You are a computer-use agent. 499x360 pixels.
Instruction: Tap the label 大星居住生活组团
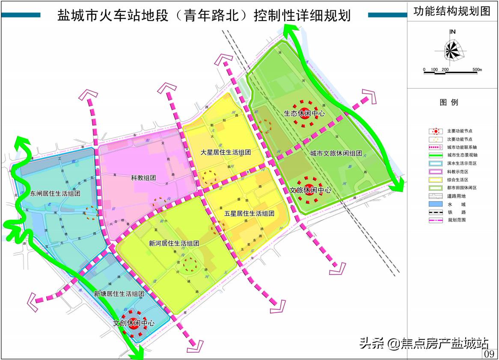226,152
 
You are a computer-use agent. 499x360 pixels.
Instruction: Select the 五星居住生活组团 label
249,213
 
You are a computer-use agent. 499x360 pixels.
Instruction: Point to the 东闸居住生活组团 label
56,193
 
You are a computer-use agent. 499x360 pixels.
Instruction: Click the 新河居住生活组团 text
174,244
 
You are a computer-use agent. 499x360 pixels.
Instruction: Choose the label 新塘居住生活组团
119,294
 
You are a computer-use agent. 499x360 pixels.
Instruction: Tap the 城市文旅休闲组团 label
336,153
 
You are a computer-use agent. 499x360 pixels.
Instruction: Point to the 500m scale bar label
477,69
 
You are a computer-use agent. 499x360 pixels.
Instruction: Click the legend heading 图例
449,103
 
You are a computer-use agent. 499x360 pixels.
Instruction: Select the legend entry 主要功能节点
462,131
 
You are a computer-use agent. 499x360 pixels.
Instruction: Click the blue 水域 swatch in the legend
436,204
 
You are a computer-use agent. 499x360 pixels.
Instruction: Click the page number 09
490,354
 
